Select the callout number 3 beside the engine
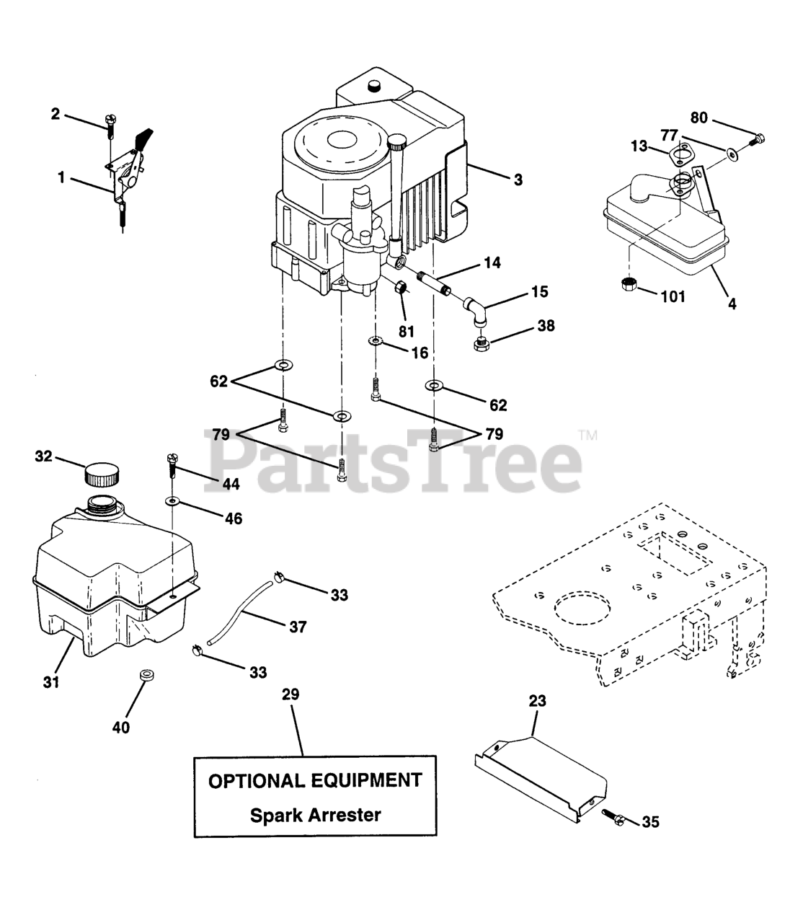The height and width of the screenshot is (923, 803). [518, 180]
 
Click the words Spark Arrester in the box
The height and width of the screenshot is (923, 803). [315, 816]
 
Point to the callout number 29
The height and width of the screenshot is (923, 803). [290, 694]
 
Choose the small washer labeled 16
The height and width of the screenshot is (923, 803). [375, 340]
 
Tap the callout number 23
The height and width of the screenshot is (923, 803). [537, 700]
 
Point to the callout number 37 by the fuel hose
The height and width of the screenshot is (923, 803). [298, 627]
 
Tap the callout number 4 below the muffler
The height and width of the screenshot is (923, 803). [732, 304]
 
